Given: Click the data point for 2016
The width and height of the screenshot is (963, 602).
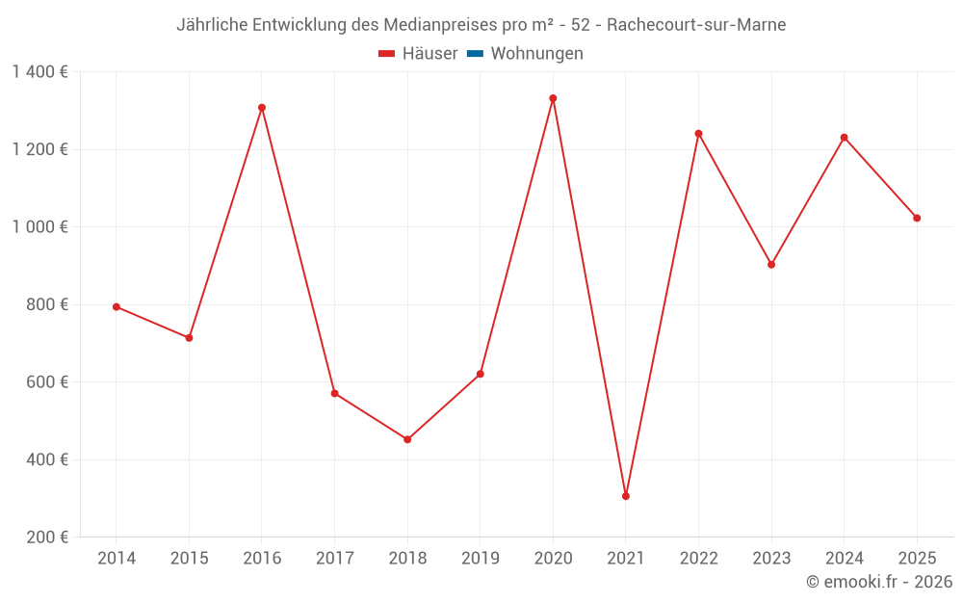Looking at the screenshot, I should click(262, 108).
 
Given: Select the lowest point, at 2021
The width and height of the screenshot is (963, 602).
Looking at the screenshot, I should click(626, 496).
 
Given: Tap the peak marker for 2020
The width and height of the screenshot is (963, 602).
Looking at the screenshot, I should click(553, 98).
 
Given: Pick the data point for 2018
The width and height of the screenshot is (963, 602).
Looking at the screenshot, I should click(407, 439).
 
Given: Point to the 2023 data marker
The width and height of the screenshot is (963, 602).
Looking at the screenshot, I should click(771, 264).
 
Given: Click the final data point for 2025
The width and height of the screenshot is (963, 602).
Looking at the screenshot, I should click(917, 218).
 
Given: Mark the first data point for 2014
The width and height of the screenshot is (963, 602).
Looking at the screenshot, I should click(117, 306).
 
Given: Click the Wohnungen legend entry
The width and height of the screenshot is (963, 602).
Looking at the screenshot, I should click(536, 54).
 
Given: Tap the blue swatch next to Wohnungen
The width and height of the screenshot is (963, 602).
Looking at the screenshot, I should click(475, 54).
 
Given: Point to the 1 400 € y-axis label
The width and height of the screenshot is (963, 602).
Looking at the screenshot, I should click(39, 72).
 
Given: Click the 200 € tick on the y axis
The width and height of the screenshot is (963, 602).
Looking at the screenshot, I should click(46, 537).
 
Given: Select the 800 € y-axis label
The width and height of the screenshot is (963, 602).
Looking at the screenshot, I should click(46, 304).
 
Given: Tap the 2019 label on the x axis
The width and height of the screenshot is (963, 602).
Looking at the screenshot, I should click(480, 559).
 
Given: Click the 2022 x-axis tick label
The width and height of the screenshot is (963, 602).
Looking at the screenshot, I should click(698, 559).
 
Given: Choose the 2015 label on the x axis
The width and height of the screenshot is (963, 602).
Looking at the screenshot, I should click(189, 559).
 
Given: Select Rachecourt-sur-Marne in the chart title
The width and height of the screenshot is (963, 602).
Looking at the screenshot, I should click(696, 25).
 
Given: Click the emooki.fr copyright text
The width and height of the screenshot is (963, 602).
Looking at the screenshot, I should click(879, 582).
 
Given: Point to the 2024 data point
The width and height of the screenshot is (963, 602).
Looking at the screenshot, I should click(845, 138).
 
